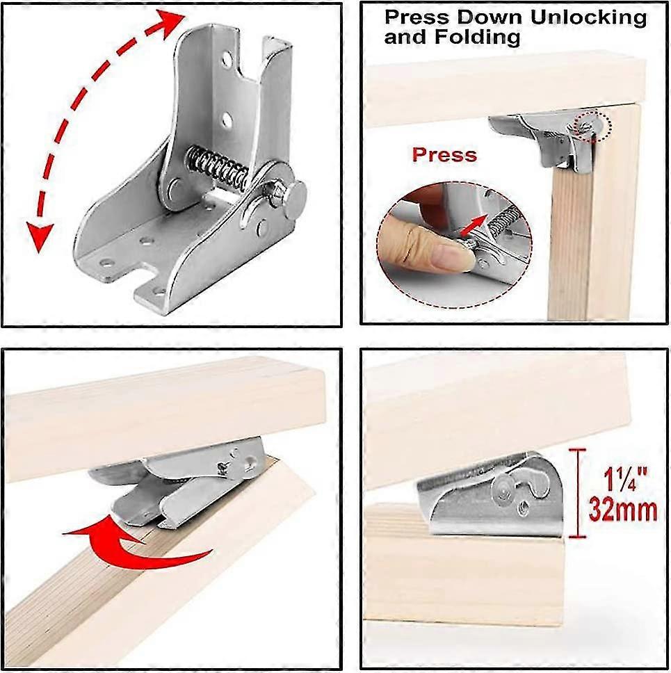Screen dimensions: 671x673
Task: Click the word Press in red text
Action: tap(444, 154)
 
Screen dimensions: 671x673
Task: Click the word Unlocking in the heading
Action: tap(583, 17)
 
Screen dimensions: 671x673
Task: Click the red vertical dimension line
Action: tap(573, 493)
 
